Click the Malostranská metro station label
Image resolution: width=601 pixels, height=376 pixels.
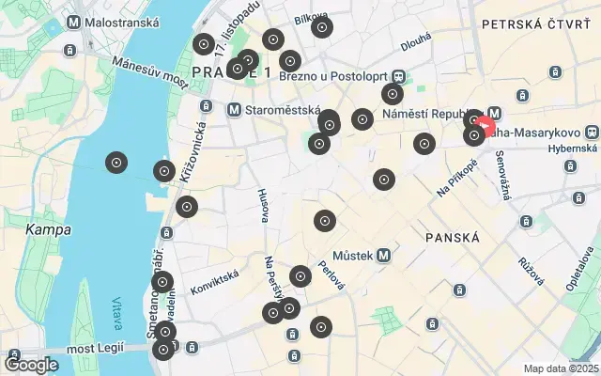[x=116, y=20]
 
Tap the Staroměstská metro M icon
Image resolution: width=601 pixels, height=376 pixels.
[x=234, y=110]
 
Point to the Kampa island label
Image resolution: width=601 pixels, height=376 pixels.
[x=44, y=228]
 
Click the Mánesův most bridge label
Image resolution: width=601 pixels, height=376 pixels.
[x=149, y=70]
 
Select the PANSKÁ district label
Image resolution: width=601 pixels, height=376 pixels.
[x=452, y=237]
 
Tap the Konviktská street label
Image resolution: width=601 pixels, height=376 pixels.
[x=214, y=279]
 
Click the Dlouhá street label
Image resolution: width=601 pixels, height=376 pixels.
[x=415, y=40]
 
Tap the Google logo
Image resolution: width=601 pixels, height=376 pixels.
[x=31, y=364]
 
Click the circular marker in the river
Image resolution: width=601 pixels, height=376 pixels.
[x=116, y=163]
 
